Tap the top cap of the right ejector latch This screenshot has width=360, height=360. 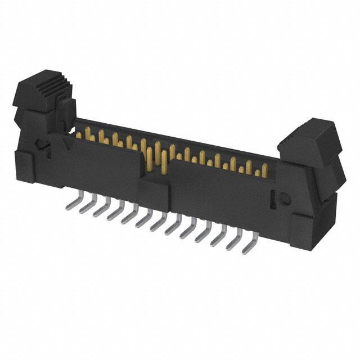307,134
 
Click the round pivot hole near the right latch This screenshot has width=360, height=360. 285,197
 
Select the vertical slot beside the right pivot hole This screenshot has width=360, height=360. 273,197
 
